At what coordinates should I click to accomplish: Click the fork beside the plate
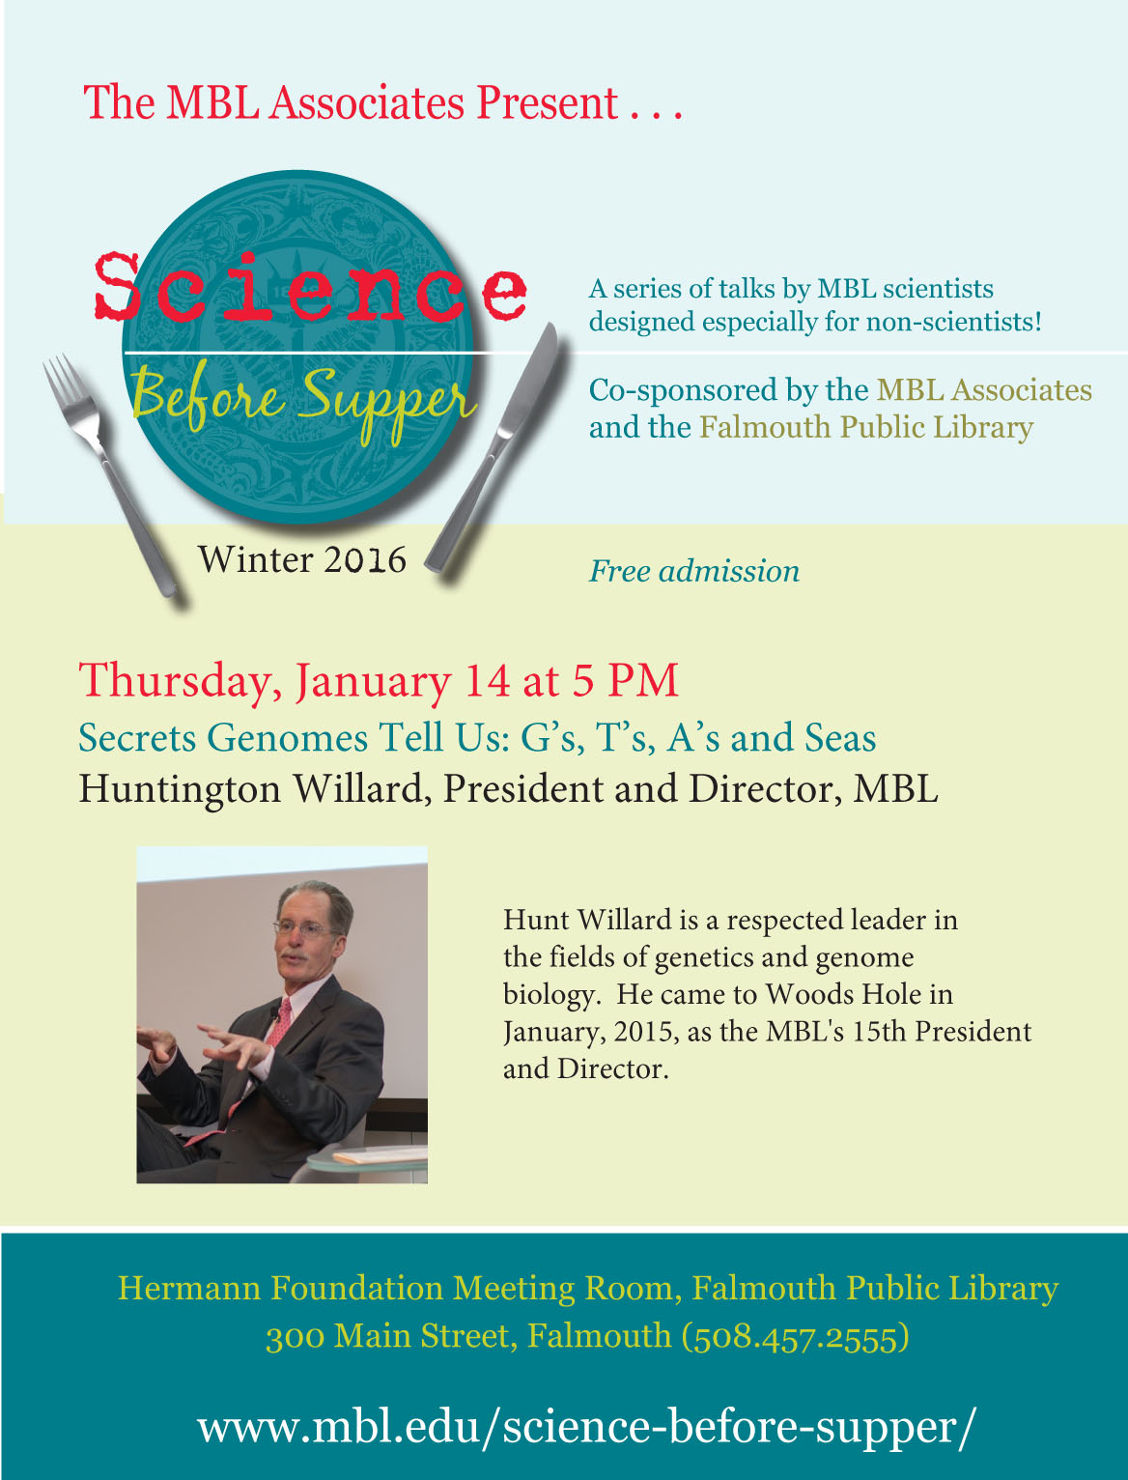coord(108,472)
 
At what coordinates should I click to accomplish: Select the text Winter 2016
coord(302,559)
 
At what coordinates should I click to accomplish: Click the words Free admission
coord(694,572)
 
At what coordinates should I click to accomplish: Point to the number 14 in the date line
coord(487,680)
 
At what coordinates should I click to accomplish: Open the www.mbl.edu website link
coord(586,1427)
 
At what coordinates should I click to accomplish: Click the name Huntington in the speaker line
coord(180,789)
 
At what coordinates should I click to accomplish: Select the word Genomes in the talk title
coord(287,738)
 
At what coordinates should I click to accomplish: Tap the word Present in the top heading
coord(548,103)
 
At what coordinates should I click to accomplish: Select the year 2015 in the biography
coord(645,1033)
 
